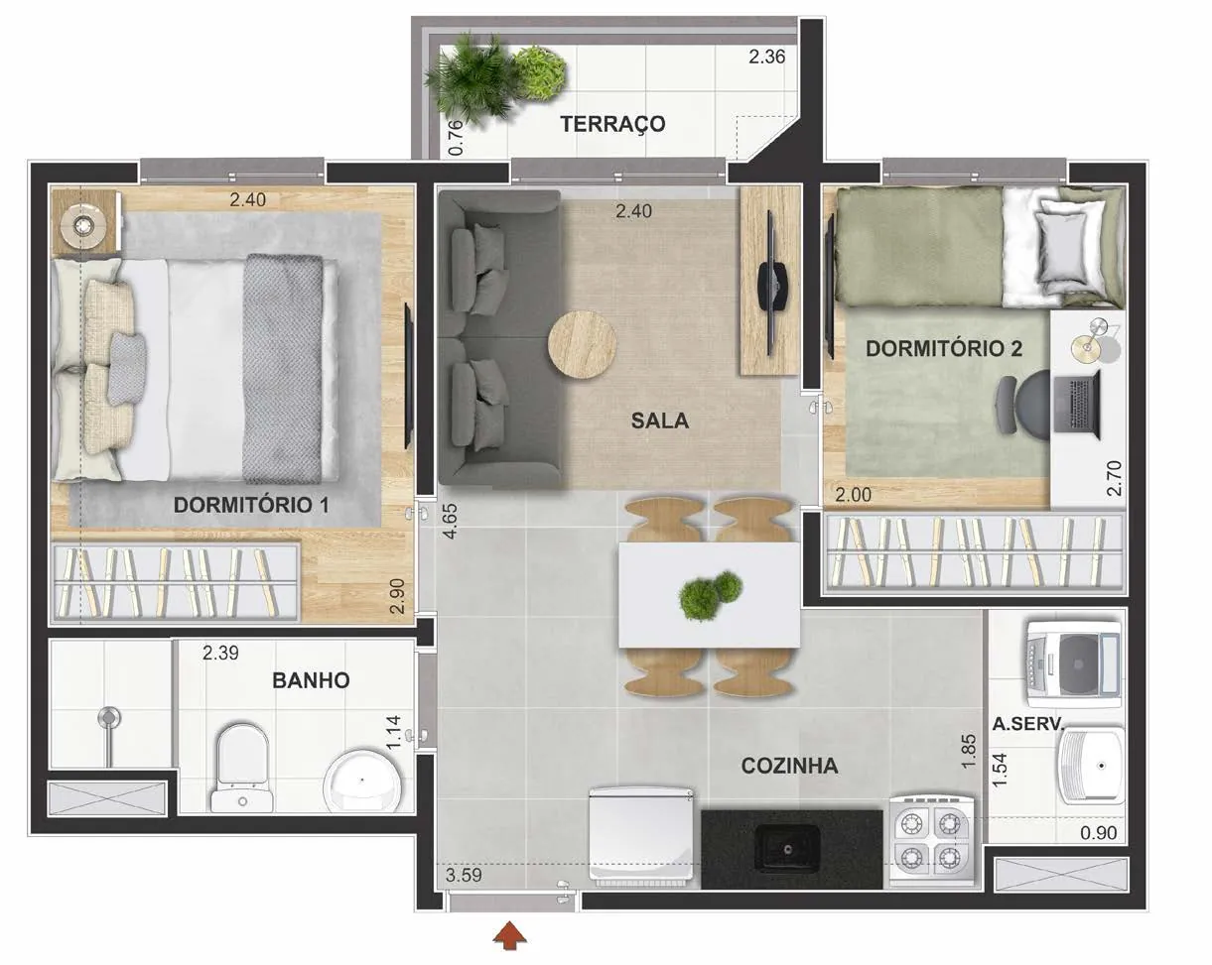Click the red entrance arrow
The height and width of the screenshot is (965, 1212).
509,935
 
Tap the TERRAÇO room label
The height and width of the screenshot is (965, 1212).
612,124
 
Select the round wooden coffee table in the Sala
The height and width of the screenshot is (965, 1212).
583,344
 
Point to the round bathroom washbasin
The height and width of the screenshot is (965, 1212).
363,780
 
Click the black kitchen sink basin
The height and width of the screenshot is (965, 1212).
787,849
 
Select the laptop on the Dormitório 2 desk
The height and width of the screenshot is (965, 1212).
1077,405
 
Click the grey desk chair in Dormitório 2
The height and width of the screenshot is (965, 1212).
1023,404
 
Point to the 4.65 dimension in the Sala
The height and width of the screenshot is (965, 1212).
451,521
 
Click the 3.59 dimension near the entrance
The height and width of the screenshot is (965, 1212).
464,876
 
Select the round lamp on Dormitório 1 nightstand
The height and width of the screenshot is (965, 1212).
84,226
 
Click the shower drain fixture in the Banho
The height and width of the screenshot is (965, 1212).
109,718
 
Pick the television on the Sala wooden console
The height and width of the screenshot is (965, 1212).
771,287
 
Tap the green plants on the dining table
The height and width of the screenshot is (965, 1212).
711,596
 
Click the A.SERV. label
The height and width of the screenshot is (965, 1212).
1028,724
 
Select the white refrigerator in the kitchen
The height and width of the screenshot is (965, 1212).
641,837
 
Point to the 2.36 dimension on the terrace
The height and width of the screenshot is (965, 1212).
767,57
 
